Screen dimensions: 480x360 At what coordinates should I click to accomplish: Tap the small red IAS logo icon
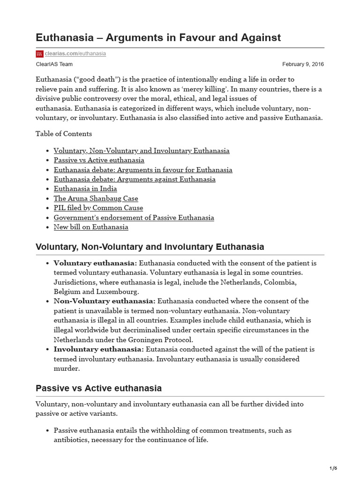(39, 54)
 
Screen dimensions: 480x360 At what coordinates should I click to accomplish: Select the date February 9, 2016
(303, 64)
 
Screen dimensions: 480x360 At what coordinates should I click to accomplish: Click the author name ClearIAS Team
(54, 64)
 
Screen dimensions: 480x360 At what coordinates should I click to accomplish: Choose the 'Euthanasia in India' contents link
(85, 189)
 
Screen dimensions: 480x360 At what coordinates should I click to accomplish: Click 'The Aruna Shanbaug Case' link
(96, 198)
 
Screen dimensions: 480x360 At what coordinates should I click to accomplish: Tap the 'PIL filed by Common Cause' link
(98, 208)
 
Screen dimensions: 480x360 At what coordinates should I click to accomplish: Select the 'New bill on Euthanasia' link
(91, 227)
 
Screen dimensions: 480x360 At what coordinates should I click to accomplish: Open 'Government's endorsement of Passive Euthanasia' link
(134, 217)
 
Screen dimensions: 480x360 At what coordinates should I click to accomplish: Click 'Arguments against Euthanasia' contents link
(135, 179)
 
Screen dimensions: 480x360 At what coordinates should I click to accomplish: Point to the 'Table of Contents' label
(64, 134)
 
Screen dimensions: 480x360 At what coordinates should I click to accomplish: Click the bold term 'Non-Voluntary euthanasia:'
(104, 301)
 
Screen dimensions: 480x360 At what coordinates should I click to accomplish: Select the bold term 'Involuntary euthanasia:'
(98, 349)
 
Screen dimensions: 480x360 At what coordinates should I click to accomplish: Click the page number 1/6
(333, 469)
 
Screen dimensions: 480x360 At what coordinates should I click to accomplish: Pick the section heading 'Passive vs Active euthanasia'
(98, 388)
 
